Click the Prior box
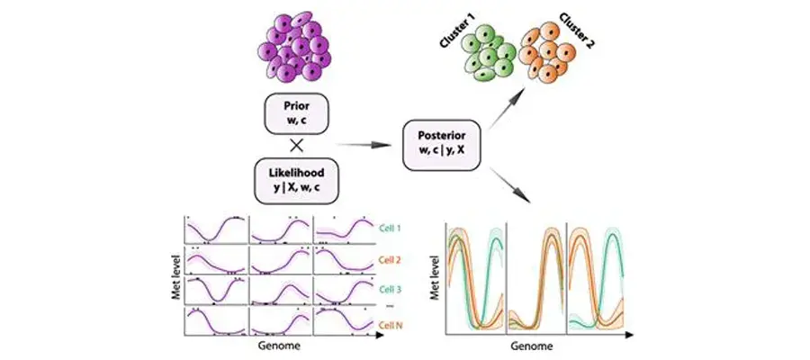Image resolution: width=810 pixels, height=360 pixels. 296,113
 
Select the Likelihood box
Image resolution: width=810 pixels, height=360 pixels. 296,181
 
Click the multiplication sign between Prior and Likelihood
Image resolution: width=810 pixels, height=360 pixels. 296,147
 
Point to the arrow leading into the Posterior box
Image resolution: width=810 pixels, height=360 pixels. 364,146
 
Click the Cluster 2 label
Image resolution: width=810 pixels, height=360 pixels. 577,31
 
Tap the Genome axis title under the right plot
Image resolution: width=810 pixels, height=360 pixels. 526,345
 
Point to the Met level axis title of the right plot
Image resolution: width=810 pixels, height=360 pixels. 435,278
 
